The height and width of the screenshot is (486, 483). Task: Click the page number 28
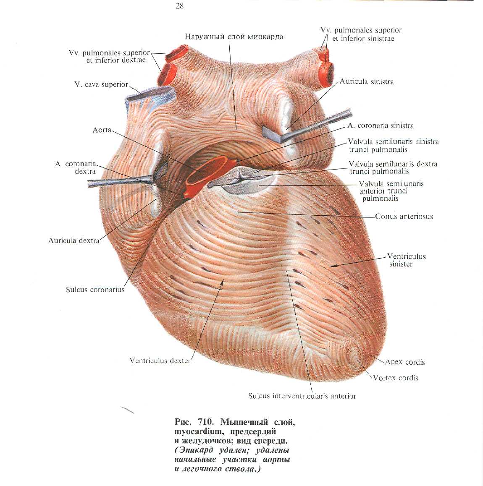click(180, 6)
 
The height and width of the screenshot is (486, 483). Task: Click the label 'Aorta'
click(102, 130)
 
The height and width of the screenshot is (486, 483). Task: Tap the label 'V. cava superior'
click(101, 84)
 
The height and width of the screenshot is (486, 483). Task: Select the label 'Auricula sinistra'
click(367, 82)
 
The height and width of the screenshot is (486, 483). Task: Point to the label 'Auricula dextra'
click(74, 240)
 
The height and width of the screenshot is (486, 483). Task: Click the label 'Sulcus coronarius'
click(95, 290)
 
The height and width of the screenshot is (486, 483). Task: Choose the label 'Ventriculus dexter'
click(160, 361)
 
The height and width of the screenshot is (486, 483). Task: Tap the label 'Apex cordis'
click(405, 362)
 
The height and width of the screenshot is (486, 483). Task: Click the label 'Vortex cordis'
click(396, 378)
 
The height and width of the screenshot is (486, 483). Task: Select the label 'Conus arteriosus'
click(404, 217)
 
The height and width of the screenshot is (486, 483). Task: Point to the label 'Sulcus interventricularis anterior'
click(302, 396)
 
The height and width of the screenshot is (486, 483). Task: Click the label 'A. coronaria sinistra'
click(381, 125)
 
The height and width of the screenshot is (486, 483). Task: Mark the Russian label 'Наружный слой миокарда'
click(234, 37)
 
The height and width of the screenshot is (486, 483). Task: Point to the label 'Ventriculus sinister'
click(406, 260)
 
